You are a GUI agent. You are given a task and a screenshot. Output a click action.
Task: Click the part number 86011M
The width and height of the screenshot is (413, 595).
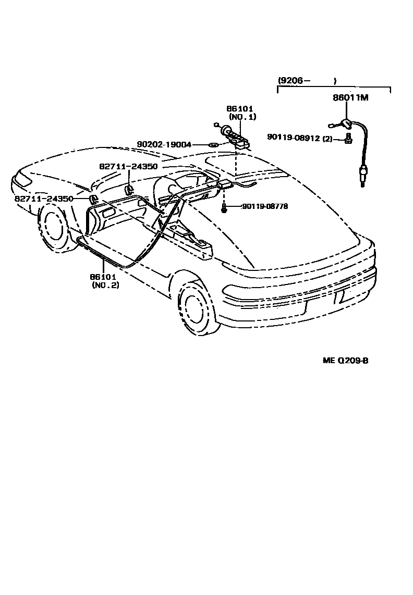click(350, 97)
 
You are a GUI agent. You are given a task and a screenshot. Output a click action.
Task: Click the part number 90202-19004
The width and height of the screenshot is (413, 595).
click(164, 144)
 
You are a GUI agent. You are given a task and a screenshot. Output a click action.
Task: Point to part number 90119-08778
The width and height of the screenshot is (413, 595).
click(265, 206)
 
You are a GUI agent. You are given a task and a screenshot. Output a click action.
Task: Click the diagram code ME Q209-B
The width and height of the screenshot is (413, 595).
click(345, 360)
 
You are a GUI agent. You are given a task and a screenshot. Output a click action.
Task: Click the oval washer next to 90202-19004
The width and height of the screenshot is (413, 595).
click(213, 144)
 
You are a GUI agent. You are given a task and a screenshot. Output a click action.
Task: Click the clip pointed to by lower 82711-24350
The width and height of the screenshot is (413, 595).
click(94, 199)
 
